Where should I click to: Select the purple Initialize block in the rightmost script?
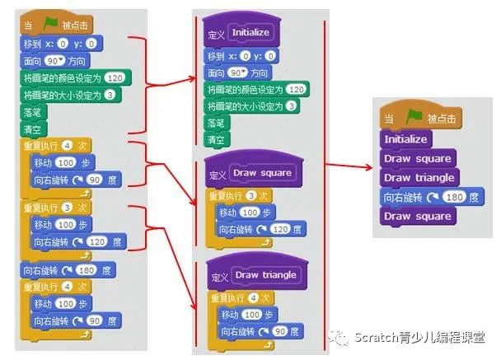click(x=405, y=139)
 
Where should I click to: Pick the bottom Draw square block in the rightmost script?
click(x=417, y=216)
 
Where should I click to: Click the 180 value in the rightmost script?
click(x=453, y=197)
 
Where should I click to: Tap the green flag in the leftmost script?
click(x=51, y=25)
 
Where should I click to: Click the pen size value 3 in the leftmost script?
click(x=110, y=96)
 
